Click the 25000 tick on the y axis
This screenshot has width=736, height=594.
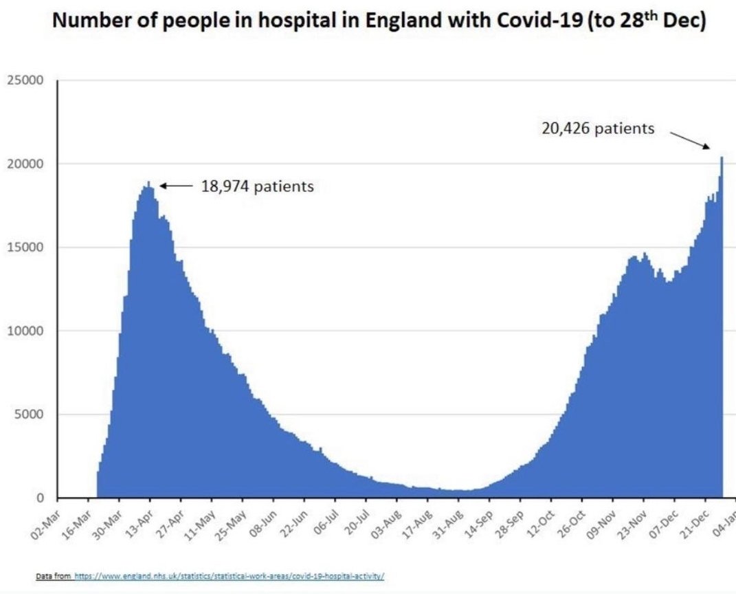pyautogui.click(x=25, y=80)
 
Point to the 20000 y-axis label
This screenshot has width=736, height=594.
pyautogui.click(x=25, y=164)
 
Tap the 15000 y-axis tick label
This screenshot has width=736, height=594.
pyautogui.click(x=25, y=247)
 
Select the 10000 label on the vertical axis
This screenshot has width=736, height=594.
pyautogui.click(x=25, y=331)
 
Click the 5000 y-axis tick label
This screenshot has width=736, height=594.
pyautogui.click(x=28, y=415)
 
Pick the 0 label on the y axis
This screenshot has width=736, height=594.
pyautogui.click(x=39, y=498)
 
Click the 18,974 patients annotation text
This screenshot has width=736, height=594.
pyautogui.click(x=257, y=186)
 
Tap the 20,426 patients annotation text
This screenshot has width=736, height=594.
pyautogui.click(x=598, y=129)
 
